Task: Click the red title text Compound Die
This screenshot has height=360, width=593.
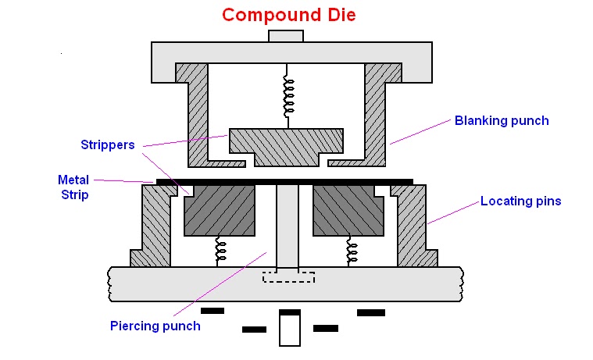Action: [x=288, y=15]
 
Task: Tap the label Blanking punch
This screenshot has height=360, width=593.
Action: [x=502, y=121]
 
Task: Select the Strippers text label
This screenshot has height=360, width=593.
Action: [x=109, y=144]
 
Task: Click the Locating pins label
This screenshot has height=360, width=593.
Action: [x=520, y=201]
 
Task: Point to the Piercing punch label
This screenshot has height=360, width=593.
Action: [x=155, y=326]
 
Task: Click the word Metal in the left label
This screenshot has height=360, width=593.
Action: [x=73, y=179]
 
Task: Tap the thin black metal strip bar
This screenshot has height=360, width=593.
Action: [x=284, y=182]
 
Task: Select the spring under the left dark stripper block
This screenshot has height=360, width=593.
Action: [x=220, y=251]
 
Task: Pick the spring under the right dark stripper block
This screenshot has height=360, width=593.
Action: [x=352, y=251]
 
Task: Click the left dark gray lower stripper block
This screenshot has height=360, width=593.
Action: [x=219, y=211]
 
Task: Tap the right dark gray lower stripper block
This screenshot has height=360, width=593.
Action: [x=348, y=211]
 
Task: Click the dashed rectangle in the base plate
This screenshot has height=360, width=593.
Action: [x=288, y=277]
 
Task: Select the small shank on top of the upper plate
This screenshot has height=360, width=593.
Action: [x=285, y=36]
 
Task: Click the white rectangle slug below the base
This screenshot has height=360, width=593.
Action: [x=290, y=331]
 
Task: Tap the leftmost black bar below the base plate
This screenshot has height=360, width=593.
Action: [x=213, y=311]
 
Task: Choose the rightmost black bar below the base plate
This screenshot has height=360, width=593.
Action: [x=371, y=312]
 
